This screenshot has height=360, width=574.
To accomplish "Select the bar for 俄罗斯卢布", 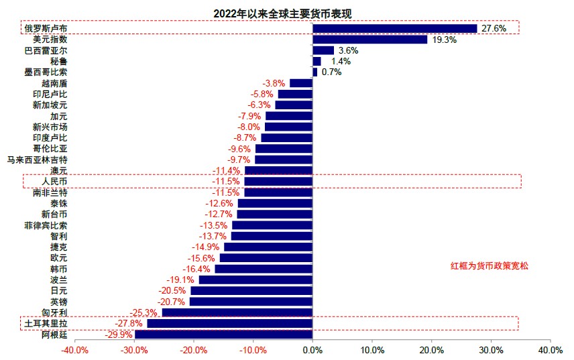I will point(394,28).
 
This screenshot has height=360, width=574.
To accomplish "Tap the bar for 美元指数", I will point(369,40).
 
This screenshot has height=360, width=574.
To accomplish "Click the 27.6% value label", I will point(493,28).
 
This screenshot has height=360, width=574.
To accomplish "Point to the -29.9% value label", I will point(120,335).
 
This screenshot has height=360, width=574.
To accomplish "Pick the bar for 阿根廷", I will point(223,335).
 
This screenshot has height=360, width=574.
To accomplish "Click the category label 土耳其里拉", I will point(46,324).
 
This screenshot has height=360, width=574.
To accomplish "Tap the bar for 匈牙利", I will point(237,312).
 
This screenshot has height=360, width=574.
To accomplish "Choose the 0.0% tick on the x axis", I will point(312,351).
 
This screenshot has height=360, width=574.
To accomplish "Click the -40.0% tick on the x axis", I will point(74,351).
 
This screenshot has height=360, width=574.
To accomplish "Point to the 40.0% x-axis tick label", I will point(550,351).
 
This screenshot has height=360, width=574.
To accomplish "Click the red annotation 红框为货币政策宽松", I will point(490,266).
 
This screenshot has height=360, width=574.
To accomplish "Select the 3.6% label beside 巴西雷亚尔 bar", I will point(349,50).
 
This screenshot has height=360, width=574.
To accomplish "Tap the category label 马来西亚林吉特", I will point(37,160).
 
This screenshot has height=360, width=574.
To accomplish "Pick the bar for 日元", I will point(251,291).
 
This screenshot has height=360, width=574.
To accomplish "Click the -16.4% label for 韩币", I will point(199,269).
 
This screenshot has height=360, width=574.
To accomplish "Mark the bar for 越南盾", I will point(301,83).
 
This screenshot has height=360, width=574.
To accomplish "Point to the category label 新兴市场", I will point(50,127).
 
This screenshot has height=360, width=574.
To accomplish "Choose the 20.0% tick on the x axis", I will point(431,351).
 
